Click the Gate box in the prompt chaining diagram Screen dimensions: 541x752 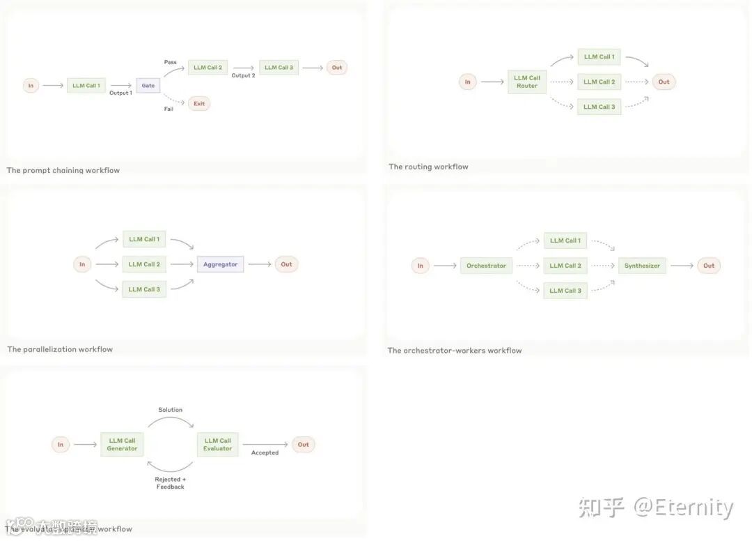(x=148, y=85)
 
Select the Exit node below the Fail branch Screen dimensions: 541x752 (x=199, y=104)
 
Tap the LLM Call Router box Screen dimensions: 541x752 (x=527, y=82)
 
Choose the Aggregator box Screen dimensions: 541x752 (x=220, y=264)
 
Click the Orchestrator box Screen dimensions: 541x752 (x=486, y=266)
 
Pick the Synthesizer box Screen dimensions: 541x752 (x=642, y=266)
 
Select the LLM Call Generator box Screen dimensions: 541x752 (x=122, y=445)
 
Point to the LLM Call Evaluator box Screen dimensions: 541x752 (x=218, y=445)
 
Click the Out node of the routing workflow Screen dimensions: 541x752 (x=664, y=82)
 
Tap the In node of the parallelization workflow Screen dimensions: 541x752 (x=82, y=264)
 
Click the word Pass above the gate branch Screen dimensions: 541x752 (x=170, y=62)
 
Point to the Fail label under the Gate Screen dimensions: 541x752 (x=169, y=109)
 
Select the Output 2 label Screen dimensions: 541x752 (x=243, y=75)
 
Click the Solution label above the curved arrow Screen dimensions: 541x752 (x=170, y=410)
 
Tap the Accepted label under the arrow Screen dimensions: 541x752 (x=265, y=452)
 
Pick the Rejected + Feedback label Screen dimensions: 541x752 (x=170, y=483)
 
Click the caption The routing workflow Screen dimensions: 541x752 (x=428, y=167)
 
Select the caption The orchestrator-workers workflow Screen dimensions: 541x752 (x=454, y=351)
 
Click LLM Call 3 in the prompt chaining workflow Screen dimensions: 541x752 (x=279, y=68)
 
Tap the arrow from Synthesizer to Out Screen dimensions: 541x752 (x=682, y=266)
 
